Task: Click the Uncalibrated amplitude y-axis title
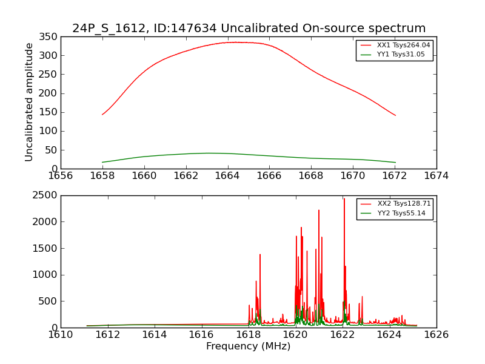point(29,102)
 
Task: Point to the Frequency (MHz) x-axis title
point(248,346)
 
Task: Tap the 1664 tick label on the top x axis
point(227,176)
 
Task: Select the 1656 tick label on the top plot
point(61,176)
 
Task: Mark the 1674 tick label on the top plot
point(436,176)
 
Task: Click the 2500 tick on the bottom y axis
point(46,195)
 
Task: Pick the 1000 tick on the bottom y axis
point(46,275)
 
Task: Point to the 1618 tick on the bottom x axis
point(248,334)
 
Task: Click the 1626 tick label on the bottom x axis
point(436,334)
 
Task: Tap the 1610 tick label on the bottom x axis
point(61,334)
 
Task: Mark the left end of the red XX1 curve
point(102,114)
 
